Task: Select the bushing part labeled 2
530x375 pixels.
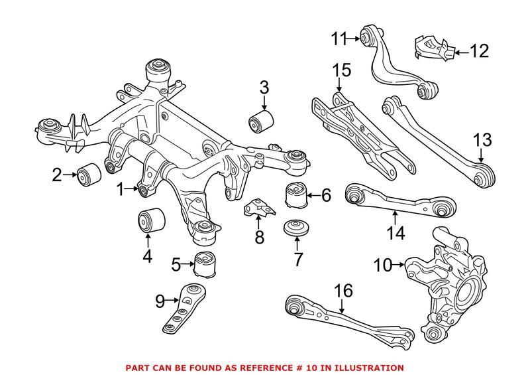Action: point(88,175)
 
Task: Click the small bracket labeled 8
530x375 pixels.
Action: point(259,208)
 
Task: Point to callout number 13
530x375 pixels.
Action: point(483,140)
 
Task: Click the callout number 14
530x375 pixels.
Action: point(396,232)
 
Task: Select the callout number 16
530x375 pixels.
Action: point(343,291)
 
